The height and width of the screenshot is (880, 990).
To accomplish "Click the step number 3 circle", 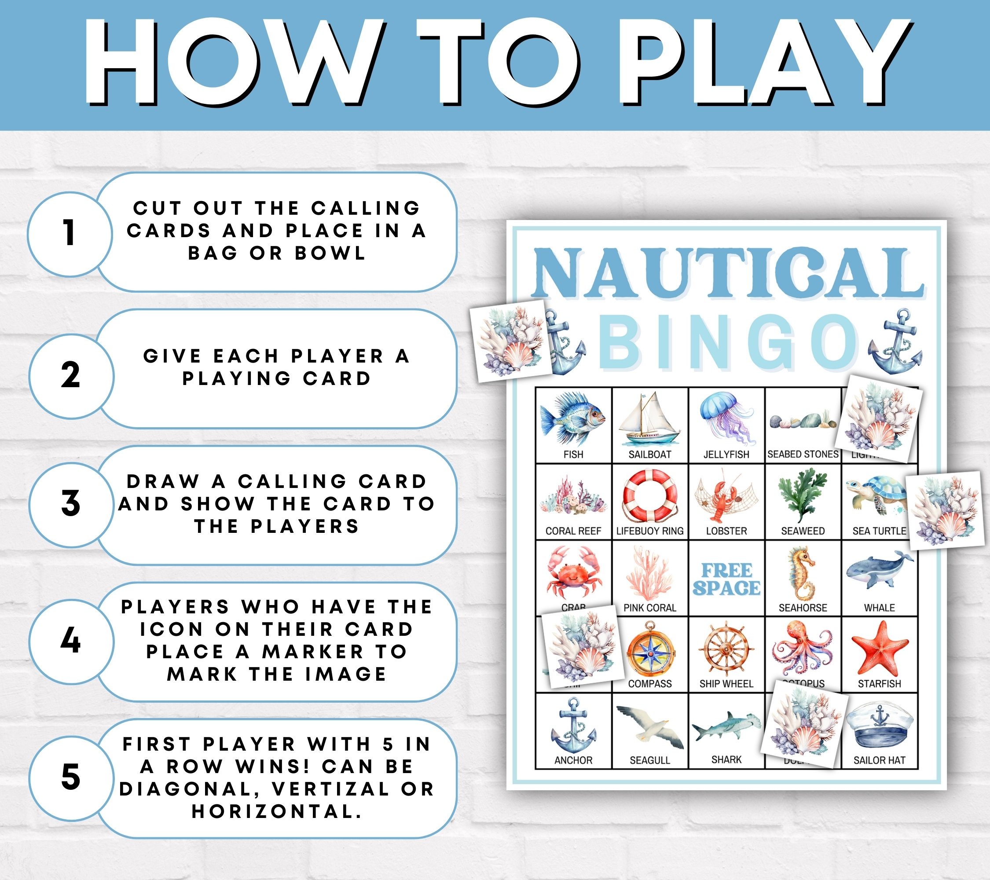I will click(71, 504).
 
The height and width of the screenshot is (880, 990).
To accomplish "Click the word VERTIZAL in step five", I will click(330, 789).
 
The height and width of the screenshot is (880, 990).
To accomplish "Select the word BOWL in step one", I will click(330, 253).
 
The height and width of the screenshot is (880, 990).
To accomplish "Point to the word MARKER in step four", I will click(312, 651).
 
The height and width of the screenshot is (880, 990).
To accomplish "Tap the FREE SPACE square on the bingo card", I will click(726, 579).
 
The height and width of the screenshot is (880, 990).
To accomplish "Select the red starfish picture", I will click(879, 649).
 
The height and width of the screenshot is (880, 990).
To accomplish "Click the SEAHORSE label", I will click(803, 608).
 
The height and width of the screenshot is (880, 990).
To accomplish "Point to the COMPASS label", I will click(649, 684).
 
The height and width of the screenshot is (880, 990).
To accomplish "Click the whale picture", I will click(879, 572).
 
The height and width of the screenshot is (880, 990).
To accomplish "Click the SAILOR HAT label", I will click(879, 760).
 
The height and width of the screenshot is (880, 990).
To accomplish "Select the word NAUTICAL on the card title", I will click(727, 274).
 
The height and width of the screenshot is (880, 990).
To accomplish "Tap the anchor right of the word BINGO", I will click(895, 342).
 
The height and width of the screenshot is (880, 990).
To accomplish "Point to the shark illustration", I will click(726, 726).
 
